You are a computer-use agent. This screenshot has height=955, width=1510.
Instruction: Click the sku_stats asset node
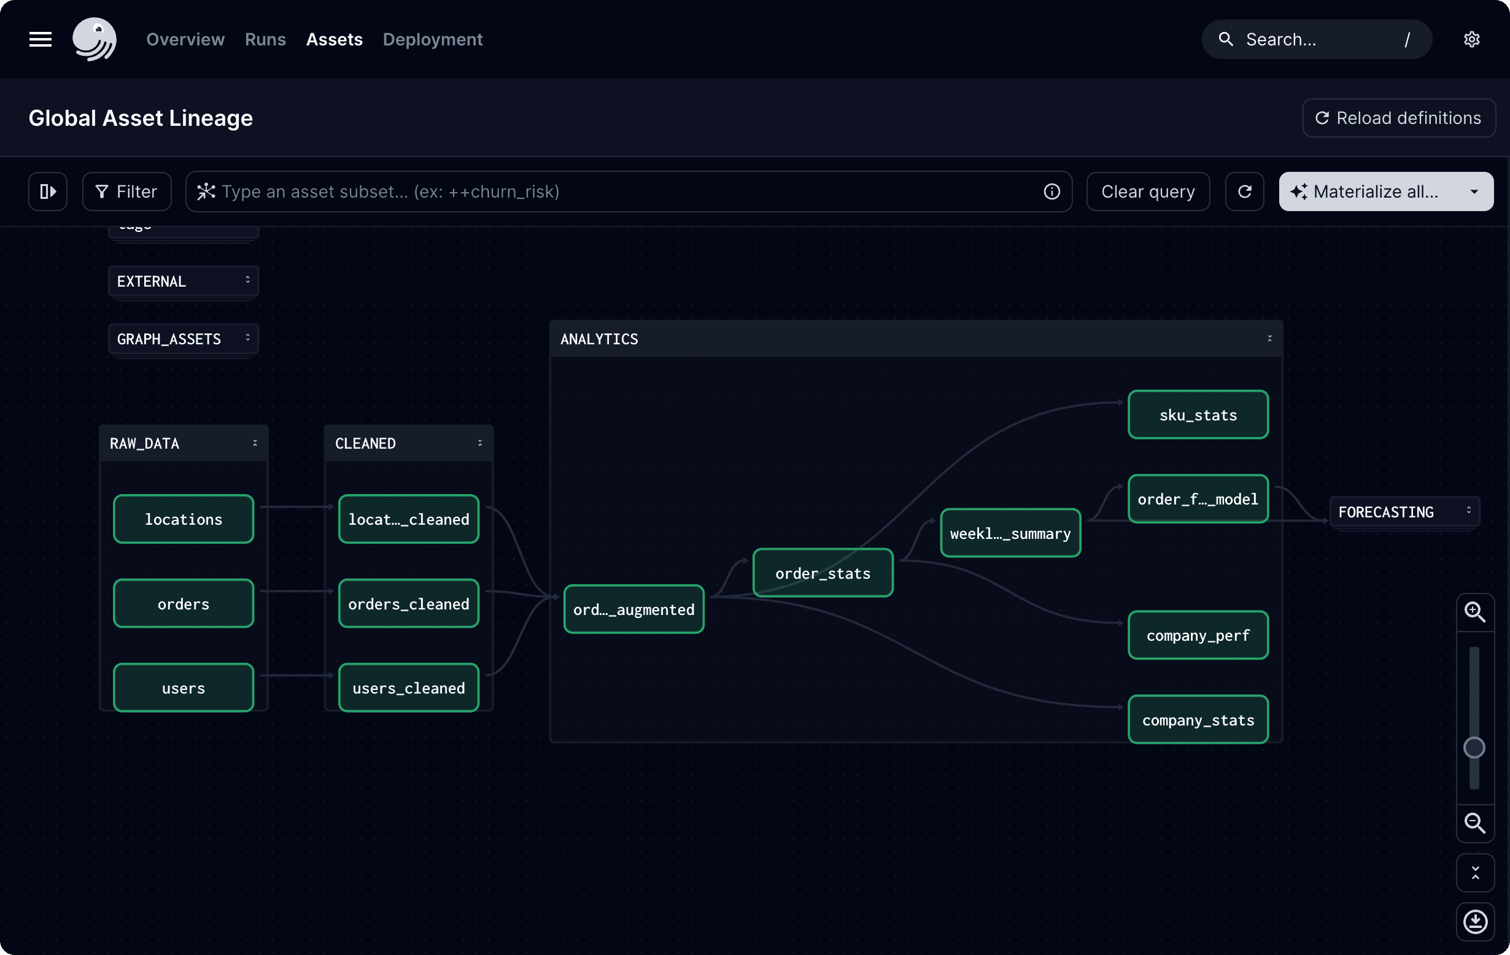(x=1198, y=414)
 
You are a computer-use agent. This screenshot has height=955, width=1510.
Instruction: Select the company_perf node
(x=1198, y=635)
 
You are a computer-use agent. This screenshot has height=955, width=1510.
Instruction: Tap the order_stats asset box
(x=823, y=573)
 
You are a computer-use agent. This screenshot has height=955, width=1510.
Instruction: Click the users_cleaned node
(x=409, y=688)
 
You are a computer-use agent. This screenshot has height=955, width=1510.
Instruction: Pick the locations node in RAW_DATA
(x=183, y=519)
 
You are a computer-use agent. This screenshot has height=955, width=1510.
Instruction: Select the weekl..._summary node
(x=1010, y=533)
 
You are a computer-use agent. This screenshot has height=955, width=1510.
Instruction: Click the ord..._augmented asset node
(x=634, y=609)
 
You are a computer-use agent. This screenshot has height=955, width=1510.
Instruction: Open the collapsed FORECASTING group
(x=1404, y=512)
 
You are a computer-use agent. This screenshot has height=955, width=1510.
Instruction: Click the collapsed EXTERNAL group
(x=183, y=281)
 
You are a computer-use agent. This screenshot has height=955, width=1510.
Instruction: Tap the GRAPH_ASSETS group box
(x=183, y=339)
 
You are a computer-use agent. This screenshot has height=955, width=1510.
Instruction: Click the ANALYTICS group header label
(x=599, y=339)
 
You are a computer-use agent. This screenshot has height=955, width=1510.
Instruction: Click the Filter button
(x=126, y=191)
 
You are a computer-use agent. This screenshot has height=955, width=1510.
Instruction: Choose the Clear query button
(x=1148, y=191)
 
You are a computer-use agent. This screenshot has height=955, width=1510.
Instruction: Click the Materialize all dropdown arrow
(x=1474, y=192)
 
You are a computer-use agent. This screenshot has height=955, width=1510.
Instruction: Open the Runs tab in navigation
(x=265, y=39)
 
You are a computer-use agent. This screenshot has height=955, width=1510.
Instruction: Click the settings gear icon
(x=1472, y=39)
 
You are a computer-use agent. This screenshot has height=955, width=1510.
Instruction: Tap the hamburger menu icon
(x=40, y=39)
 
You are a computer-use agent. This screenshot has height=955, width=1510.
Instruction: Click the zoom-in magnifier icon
(x=1474, y=611)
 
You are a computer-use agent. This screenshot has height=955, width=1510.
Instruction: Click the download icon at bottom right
(x=1475, y=921)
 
